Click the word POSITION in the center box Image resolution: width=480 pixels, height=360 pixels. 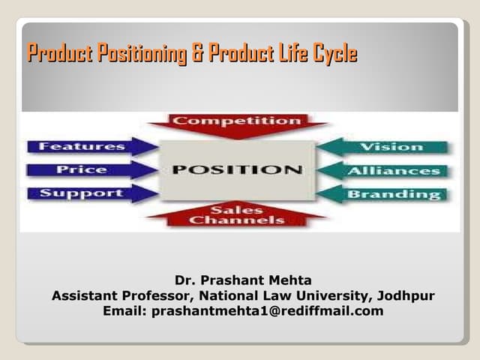tap(237, 169)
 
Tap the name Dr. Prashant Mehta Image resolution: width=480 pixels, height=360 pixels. tap(243, 281)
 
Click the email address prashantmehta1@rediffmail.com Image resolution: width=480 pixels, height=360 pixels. tap(267, 310)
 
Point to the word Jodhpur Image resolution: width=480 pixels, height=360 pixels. tap(408, 295)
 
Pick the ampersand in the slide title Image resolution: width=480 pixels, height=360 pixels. tap(199, 54)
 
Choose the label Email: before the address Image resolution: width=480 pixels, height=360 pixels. tap(124, 310)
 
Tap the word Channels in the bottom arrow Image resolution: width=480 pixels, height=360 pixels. tap(237, 220)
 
